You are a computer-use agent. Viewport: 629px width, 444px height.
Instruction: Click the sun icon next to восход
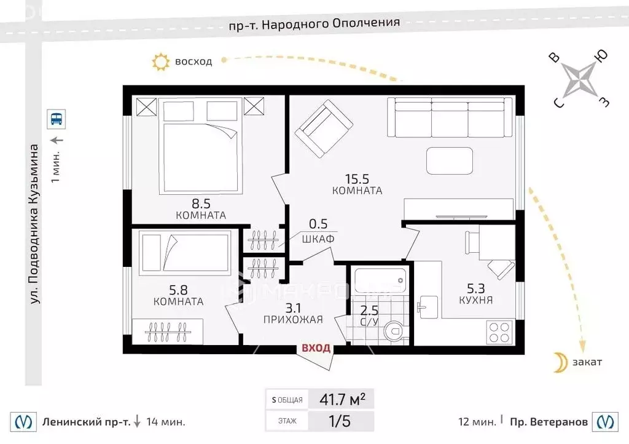[161, 62]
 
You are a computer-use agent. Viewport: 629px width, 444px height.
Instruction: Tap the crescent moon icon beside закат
[560, 362]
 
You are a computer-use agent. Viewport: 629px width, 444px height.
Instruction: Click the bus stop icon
[56, 119]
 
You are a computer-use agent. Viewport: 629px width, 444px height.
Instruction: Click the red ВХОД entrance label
[316, 347]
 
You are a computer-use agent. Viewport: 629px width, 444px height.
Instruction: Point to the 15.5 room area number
[357, 178]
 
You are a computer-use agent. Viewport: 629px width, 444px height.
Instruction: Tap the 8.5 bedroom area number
[201, 204]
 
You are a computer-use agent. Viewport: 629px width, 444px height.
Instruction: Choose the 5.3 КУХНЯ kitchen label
[476, 293]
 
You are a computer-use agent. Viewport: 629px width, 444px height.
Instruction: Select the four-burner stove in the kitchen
[499, 333]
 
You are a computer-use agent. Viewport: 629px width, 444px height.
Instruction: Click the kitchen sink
[428, 307]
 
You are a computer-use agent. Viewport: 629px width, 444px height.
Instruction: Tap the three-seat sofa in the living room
[450, 117]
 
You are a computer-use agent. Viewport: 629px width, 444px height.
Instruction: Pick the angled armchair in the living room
[324, 129]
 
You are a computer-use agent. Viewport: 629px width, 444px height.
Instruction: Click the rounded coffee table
[449, 161]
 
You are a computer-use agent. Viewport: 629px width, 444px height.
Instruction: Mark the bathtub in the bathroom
[380, 280]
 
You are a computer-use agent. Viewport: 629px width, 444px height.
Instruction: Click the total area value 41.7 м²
[342, 399]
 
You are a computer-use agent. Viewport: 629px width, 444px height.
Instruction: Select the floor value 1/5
[339, 421]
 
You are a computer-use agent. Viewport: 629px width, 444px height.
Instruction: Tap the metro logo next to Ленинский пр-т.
[23, 421]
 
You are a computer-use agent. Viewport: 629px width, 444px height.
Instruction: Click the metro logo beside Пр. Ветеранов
[605, 421]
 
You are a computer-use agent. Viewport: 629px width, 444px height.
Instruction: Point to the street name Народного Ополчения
[331, 23]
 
